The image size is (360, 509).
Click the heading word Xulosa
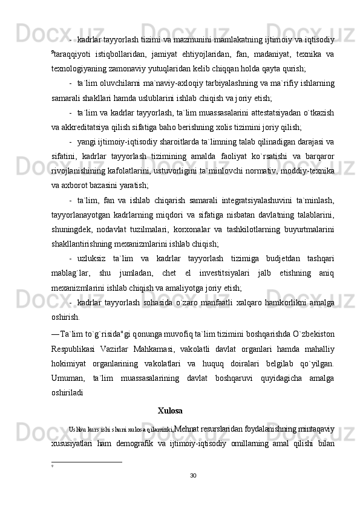click(170, 411)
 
